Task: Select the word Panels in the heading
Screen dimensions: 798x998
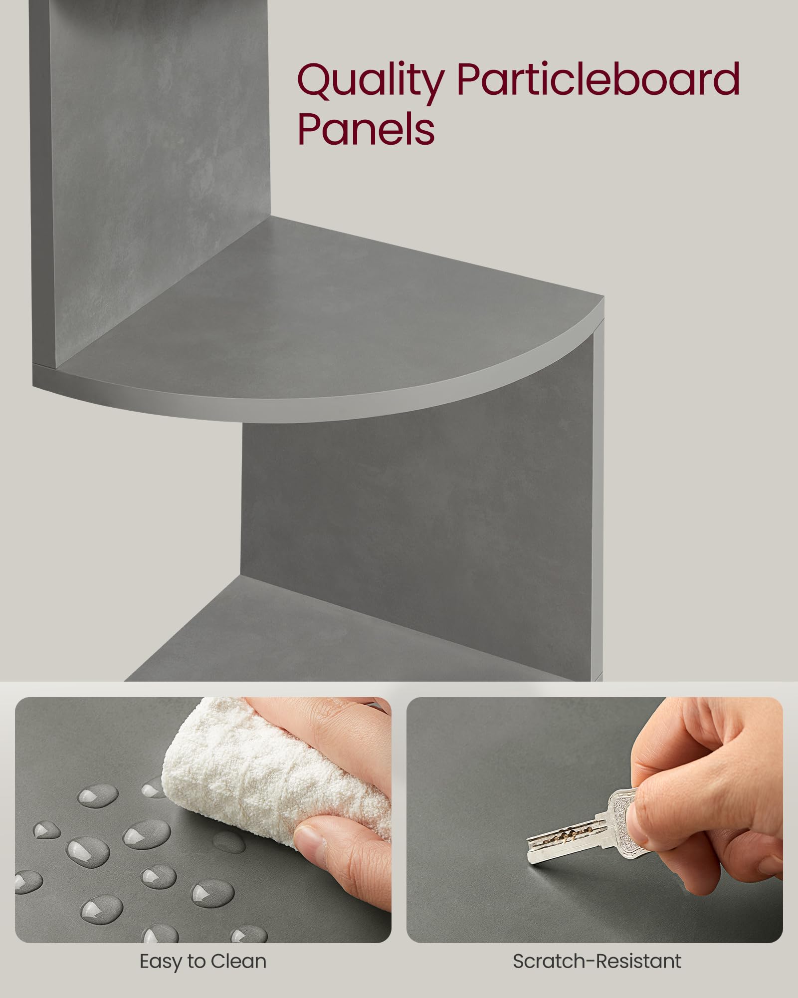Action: click(x=366, y=129)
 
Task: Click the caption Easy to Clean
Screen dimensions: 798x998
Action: click(x=203, y=961)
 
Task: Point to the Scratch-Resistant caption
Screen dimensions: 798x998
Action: click(x=597, y=961)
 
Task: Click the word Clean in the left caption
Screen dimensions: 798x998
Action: click(x=238, y=961)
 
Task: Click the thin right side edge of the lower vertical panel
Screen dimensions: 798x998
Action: click(x=598, y=499)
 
